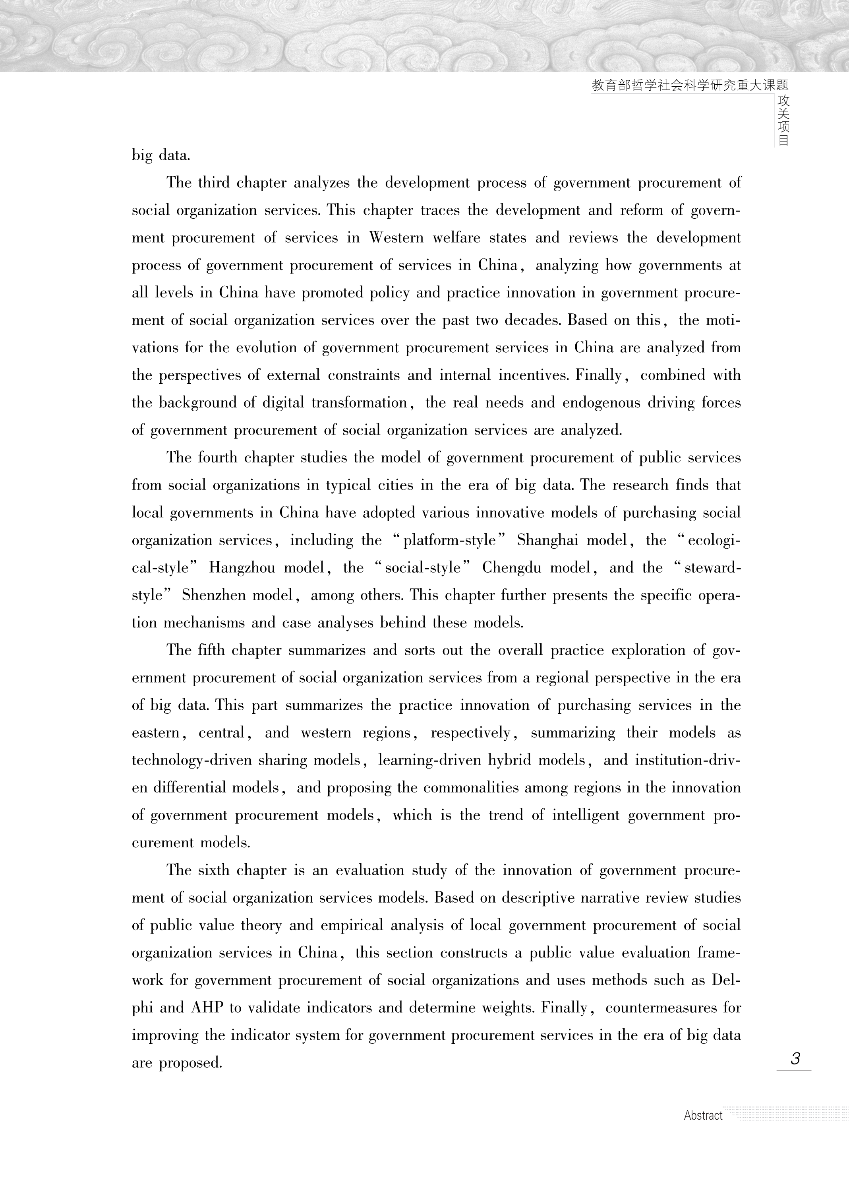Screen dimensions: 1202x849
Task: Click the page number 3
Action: coord(795,1058)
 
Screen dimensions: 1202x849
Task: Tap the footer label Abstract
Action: coord(703,1116)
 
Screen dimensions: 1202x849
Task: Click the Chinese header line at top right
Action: coord(689,85)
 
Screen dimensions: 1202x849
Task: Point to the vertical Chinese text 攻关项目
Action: coord(783,120)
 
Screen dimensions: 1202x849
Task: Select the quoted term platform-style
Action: coord(449,540)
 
